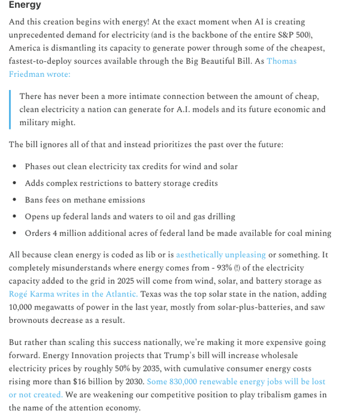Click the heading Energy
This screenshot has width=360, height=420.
25,5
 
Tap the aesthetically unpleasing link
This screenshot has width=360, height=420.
220,255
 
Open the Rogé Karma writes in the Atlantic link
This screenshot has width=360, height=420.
73,294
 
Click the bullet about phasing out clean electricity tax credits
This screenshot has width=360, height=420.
131,166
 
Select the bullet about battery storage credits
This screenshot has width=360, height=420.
121,183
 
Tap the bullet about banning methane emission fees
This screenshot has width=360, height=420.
84,200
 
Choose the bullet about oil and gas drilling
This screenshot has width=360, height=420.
129,217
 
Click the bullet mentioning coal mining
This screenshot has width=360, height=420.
177,233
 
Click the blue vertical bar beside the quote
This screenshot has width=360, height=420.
10,109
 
